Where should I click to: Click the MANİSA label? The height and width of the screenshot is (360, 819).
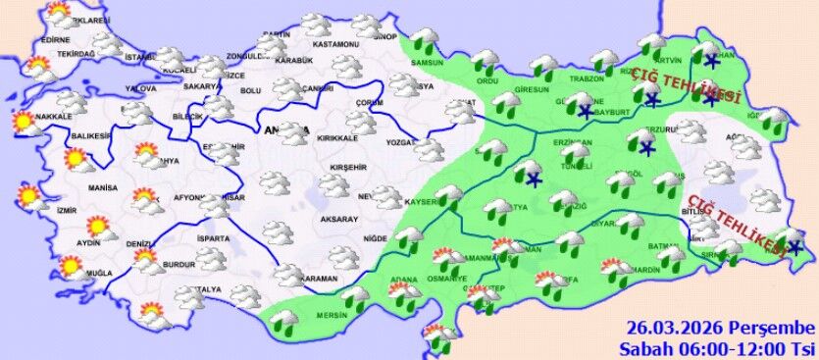point(102,186)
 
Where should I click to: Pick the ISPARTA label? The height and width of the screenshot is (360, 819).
point(212,238)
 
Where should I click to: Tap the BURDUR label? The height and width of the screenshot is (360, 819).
point(178,265)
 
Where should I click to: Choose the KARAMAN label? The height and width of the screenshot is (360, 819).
point(319,280)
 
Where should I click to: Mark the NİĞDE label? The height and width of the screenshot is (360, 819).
point(375,238)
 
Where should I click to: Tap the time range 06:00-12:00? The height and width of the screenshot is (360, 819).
point(728,348)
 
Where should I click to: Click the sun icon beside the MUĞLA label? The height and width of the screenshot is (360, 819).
point(71,265)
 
